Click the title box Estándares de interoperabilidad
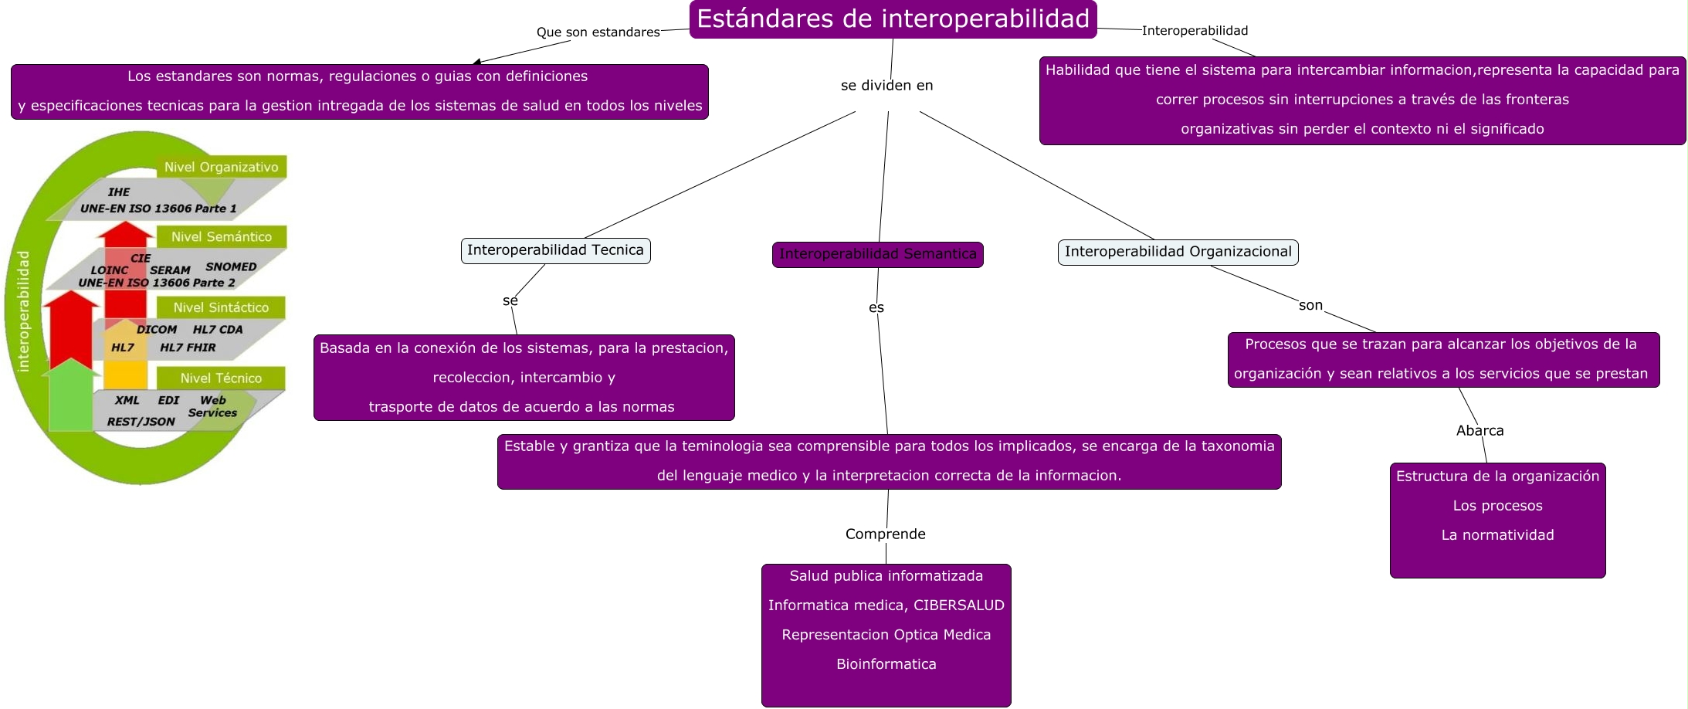(x=893, y=19)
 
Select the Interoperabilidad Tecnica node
(x=555, y=250)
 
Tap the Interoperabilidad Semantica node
(x=877, y=254)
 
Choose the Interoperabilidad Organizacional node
(x=1178, y=252)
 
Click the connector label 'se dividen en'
(x=886, y=86)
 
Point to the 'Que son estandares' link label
(x=598, y=32)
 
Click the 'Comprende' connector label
(x=885, y=534)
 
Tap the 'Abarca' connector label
(x=1480, y=431)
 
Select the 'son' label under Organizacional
(x=1310, y=306)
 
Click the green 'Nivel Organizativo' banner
(x=221, y=167)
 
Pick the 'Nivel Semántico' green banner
(x=221, y=237)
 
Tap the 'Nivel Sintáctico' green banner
(x=221, y=307)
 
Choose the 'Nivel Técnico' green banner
(x=221, y=378)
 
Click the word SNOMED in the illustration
(x=231, y=266)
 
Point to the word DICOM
(x=157, y=330)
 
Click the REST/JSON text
(x=141, y=422)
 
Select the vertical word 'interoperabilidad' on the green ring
(x=23, y=310)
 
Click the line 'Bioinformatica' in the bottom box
(x=886, y=664)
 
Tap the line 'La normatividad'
(x=1497, y=535)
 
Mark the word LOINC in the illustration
(x=109, y=270)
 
